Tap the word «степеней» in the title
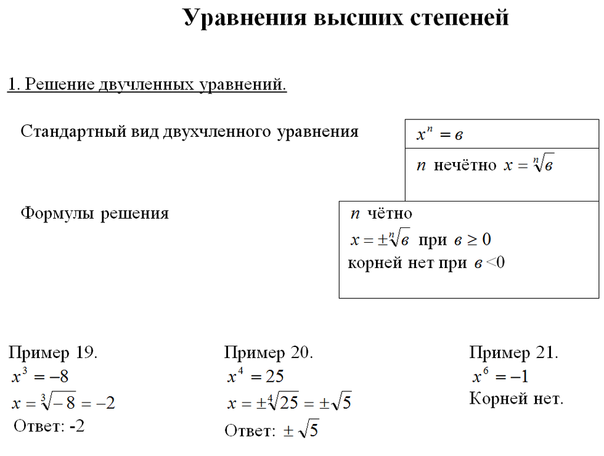pos(459,18)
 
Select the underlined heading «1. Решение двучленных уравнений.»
pos(147,84)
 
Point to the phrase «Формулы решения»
pos(95,213)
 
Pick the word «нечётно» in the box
pos(465,166)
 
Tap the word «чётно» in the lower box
pos(390,214)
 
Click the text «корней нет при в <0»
pos(426,263)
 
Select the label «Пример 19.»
pos(53,353)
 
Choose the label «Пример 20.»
pos(269,353)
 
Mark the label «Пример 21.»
pos(513,353)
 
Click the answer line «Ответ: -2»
pos(49,426)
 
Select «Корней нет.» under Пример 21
pos(516,399)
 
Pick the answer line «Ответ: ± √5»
pos(271,431)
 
